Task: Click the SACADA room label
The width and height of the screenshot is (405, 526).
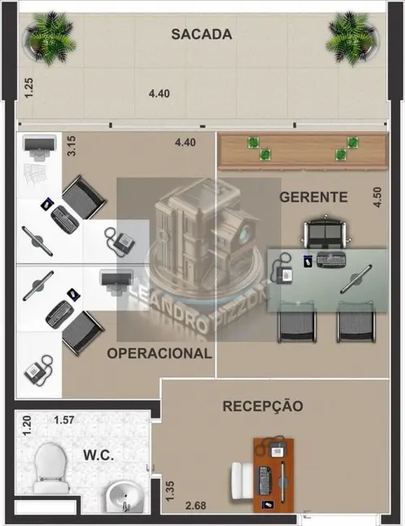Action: click(x=202, y=34)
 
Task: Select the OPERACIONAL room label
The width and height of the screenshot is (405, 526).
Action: click(x=160, y=353)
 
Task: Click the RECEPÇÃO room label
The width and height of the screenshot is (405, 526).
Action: click(x=263, y=405)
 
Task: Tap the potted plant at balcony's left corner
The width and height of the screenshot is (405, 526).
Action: click(x=48, y=36)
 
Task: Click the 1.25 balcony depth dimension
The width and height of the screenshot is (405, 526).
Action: click(x=28, y=87)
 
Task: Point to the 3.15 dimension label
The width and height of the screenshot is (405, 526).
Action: click(x=71, y=146)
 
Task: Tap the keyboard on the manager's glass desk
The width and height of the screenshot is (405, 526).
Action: click(x=330, y=260)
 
